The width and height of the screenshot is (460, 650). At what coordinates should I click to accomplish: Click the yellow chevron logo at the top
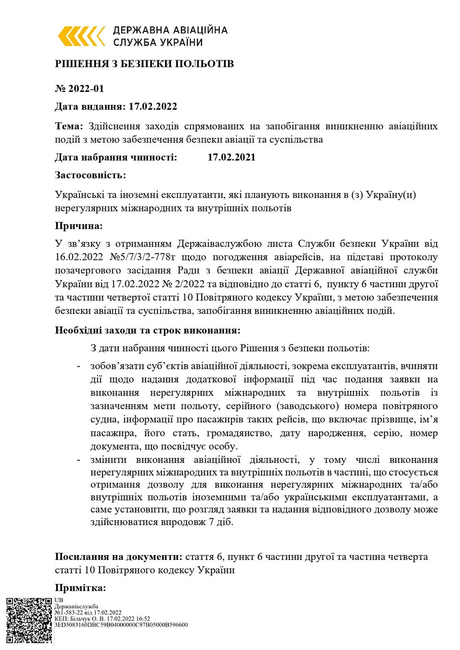81,36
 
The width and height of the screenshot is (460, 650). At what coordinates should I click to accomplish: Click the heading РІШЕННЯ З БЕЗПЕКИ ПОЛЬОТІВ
144,64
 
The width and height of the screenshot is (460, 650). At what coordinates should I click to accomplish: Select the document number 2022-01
86,89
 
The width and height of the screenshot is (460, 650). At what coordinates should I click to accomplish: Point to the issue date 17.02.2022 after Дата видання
153,106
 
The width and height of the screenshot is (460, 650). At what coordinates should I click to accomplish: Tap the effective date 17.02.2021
231,157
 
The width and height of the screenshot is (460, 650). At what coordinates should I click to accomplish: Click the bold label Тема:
69,126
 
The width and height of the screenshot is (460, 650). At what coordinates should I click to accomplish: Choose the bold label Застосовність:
91,175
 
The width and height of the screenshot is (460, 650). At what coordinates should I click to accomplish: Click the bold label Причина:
79,226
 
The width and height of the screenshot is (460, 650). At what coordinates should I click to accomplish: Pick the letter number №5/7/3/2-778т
149,257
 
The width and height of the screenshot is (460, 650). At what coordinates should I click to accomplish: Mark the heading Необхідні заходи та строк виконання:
148,330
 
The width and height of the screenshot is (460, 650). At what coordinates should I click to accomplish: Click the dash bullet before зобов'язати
78,366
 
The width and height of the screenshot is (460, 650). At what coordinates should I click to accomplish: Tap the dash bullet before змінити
78,460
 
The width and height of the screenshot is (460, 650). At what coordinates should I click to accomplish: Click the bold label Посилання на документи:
118,557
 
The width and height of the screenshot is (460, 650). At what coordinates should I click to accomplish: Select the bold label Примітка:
80,588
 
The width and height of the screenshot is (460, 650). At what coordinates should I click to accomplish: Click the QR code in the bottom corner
29,620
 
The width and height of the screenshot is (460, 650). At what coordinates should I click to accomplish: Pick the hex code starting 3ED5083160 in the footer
121,625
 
